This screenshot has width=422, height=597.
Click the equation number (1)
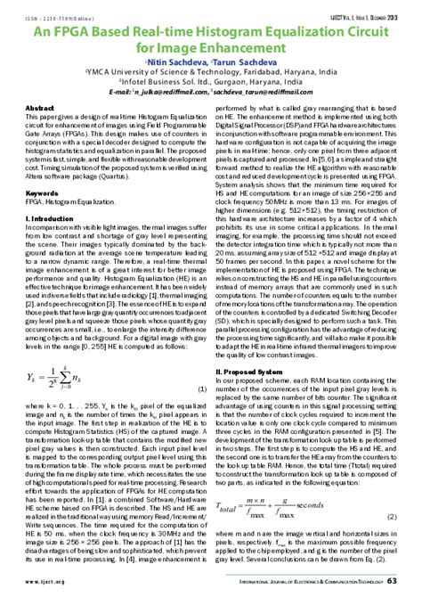[x=202, y=365]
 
